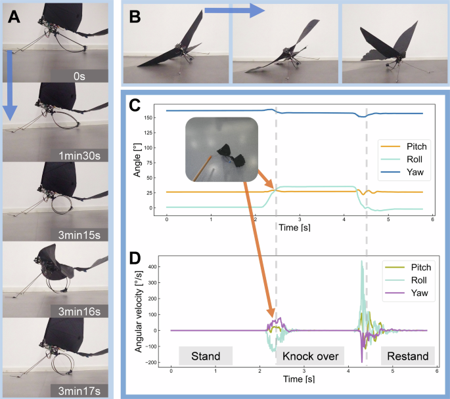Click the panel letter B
[136, 15]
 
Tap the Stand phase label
[206, 356]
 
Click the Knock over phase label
[309, 356]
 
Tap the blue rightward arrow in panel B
[234, 10]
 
